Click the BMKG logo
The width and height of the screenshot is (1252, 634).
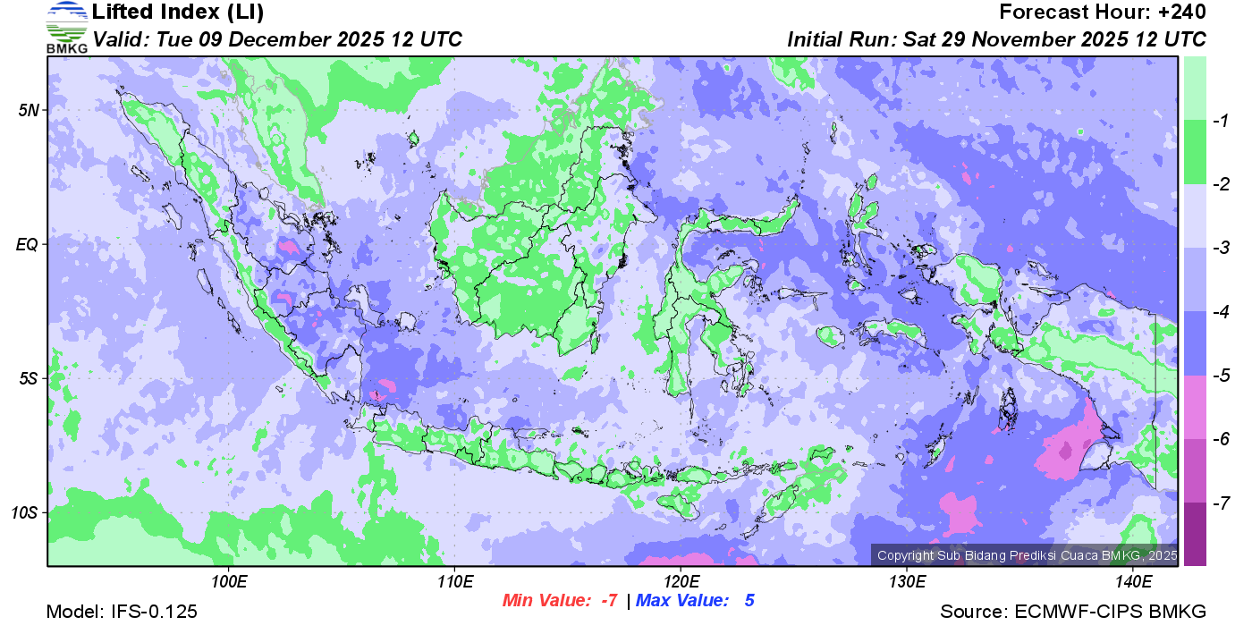coord(66,27)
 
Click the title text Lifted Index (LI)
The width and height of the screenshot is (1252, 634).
coord(178,13)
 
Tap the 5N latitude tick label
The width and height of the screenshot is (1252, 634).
coord(29,110)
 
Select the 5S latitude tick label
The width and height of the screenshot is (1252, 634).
coord(29,378)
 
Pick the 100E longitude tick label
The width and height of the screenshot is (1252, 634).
coord(229,582)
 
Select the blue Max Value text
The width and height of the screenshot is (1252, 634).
coord(695,601)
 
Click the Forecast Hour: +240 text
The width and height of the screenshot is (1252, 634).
coord(1103,13)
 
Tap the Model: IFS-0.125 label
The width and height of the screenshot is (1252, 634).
coord(122,613)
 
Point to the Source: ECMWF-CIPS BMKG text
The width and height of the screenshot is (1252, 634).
coord(1073,613)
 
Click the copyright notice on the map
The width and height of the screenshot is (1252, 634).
coord(1027,555)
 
